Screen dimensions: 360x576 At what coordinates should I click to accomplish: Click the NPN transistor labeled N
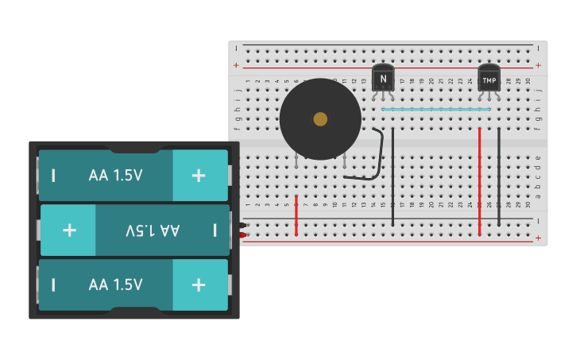pos(383,78)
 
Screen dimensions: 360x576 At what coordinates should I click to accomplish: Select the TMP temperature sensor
pos(489,79)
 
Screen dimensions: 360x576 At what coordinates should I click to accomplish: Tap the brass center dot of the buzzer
pos(320,119)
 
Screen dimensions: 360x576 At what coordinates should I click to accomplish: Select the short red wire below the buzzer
pos(296,215)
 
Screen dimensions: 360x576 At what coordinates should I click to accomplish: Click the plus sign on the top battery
pos(199,175)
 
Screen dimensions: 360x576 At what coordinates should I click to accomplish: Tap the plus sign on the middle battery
pos(69,230)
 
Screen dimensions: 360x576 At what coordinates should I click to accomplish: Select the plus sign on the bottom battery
pos(199,285)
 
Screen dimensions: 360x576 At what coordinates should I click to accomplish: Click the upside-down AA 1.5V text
pos(153,230)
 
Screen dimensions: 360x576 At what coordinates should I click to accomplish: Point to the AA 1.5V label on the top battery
pos(116,175)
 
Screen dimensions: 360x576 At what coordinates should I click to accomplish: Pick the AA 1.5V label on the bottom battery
pos(116,285)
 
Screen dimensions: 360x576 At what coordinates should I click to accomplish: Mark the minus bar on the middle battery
pos(215,230)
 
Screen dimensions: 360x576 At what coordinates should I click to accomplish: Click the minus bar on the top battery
pos(53,175)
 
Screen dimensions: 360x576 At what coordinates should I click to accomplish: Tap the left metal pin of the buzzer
pos(296,163)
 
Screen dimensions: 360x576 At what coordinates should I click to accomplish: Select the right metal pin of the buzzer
pos(344,161)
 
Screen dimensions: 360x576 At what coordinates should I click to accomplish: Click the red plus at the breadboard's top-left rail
pos(236,65)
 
